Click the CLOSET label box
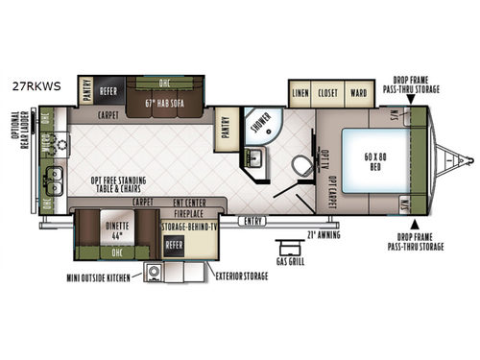tap(329, 93)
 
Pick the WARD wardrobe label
tap(357, 93)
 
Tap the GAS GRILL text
tap(288, 260)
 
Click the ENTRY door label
tap(253, 221)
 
